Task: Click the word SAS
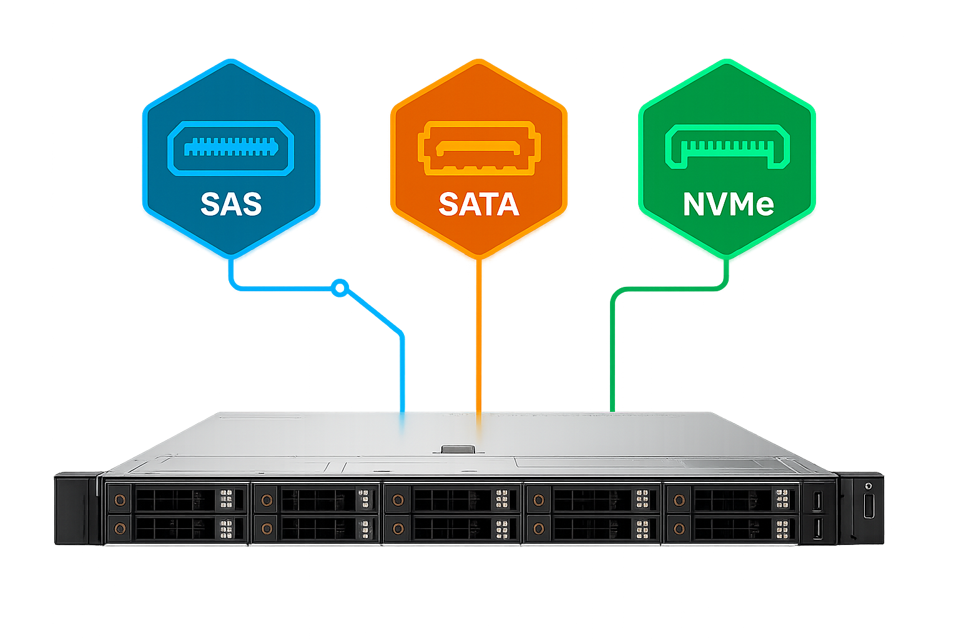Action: (231, 204)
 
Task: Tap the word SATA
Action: (479, 204)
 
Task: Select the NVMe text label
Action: (728, 204)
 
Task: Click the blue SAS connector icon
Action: (230, 148)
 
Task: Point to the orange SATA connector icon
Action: (479, 148)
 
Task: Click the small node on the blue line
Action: (339, 287)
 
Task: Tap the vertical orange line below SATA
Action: (479, 337)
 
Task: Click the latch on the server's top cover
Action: (458, 449)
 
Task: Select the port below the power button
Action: (868, 505)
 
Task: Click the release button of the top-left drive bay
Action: (119, 500)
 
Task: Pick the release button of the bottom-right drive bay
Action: (679, 529)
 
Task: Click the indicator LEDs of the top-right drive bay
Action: (782, 499)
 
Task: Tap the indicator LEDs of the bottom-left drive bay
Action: (226, 529)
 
